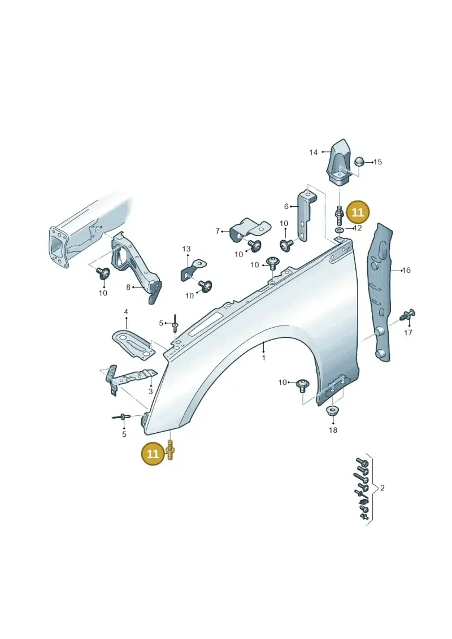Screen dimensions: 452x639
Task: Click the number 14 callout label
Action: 313,153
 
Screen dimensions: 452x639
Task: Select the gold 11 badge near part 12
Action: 357,213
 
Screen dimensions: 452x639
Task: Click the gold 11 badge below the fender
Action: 153,454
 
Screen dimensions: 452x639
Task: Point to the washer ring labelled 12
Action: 338,231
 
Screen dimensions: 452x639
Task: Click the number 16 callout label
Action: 406,270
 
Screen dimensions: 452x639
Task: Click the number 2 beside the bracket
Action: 382,488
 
